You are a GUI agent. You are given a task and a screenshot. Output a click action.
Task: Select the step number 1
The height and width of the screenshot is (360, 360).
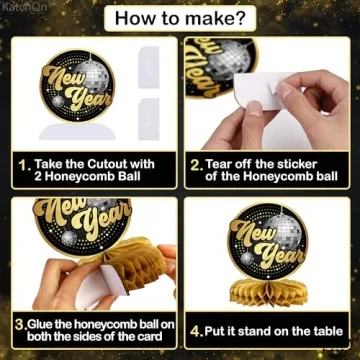(x=22, y=159)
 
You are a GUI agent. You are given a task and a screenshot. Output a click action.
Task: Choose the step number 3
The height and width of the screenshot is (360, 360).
(x=21, y=324)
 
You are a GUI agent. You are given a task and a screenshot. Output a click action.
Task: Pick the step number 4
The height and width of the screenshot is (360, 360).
(x=197, y=330)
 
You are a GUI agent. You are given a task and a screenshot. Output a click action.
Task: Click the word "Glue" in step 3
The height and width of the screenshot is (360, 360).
(x=49, y=324)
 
